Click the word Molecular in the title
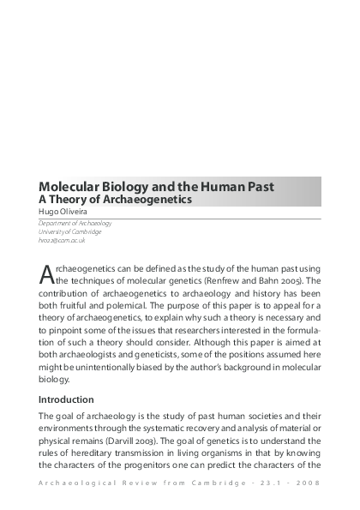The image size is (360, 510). point(70,186)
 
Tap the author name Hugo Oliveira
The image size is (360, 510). point(63,211)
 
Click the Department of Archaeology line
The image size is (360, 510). point(75,223)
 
